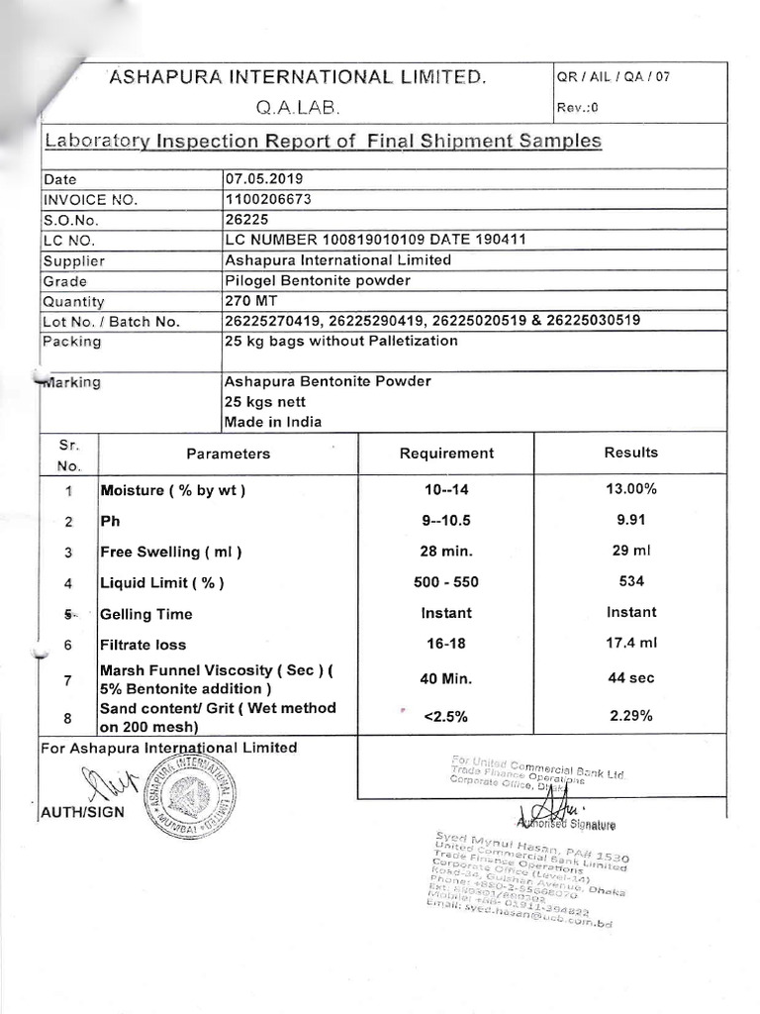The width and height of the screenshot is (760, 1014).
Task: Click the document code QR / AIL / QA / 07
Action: point(614,76)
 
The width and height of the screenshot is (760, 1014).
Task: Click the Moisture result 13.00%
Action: point(630,489)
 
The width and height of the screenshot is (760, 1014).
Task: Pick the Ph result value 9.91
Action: point(630,520)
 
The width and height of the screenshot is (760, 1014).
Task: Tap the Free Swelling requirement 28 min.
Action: point(445,552)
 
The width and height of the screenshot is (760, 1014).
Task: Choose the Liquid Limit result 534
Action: point(630,582)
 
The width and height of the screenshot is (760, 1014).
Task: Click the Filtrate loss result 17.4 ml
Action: point(630,644)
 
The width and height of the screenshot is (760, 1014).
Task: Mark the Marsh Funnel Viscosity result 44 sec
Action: point(630,678)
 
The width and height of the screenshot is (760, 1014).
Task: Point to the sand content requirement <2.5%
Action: point(445,717)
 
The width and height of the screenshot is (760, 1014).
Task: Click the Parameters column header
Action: point(228,454)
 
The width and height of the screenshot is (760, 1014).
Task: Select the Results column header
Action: point(630,453)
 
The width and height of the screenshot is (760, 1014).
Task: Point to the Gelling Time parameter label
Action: point(146,614)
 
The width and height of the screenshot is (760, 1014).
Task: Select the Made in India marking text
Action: point(272,421)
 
